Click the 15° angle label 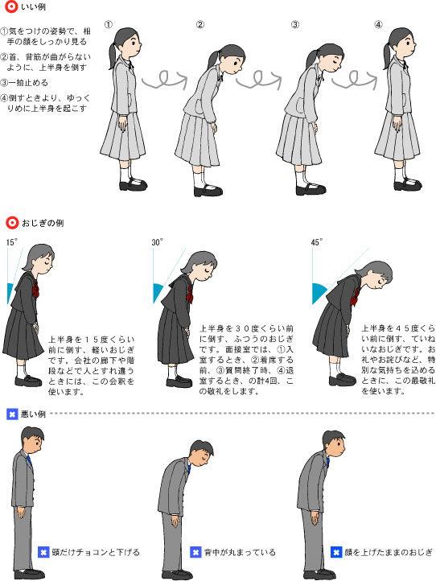point(12,241)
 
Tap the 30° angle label point(156,241)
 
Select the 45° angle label point(317,241)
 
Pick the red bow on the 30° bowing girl point(189,290)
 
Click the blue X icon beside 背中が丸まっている point(195,553)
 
